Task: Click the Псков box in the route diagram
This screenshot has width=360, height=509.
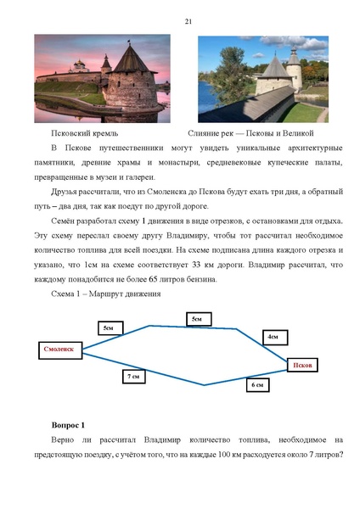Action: [x=303, y=365]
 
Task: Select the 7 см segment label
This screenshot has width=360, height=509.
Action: [x=132, y=375]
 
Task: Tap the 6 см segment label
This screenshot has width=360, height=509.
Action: [x=257, y=384]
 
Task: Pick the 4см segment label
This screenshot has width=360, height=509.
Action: [x=273, y=337]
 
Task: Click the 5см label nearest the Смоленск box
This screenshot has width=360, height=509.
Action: [x=108, y=327]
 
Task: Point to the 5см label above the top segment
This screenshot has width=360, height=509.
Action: [x=196, y=318]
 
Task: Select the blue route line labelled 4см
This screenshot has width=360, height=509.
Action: [x=267, y=348]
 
